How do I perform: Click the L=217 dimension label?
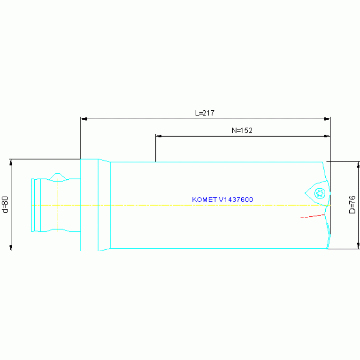tap(205, 113)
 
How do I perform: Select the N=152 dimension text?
tap(242, 131)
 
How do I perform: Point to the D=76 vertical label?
tap(352, 205)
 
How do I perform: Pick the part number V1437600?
tap(236, 199)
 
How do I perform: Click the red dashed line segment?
tap(312, 216)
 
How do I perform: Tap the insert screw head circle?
tap(321, 192)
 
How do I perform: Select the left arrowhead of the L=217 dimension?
tap(84, 119)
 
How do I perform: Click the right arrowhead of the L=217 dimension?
tap(328, 119)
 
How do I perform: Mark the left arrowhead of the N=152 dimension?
tap(159, 136)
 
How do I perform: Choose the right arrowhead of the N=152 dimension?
tap(328, 136)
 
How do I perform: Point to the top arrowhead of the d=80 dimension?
tap(11, 162)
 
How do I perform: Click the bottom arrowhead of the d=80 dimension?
tap(11, 248)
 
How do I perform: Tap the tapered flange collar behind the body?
tap(104, 205)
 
